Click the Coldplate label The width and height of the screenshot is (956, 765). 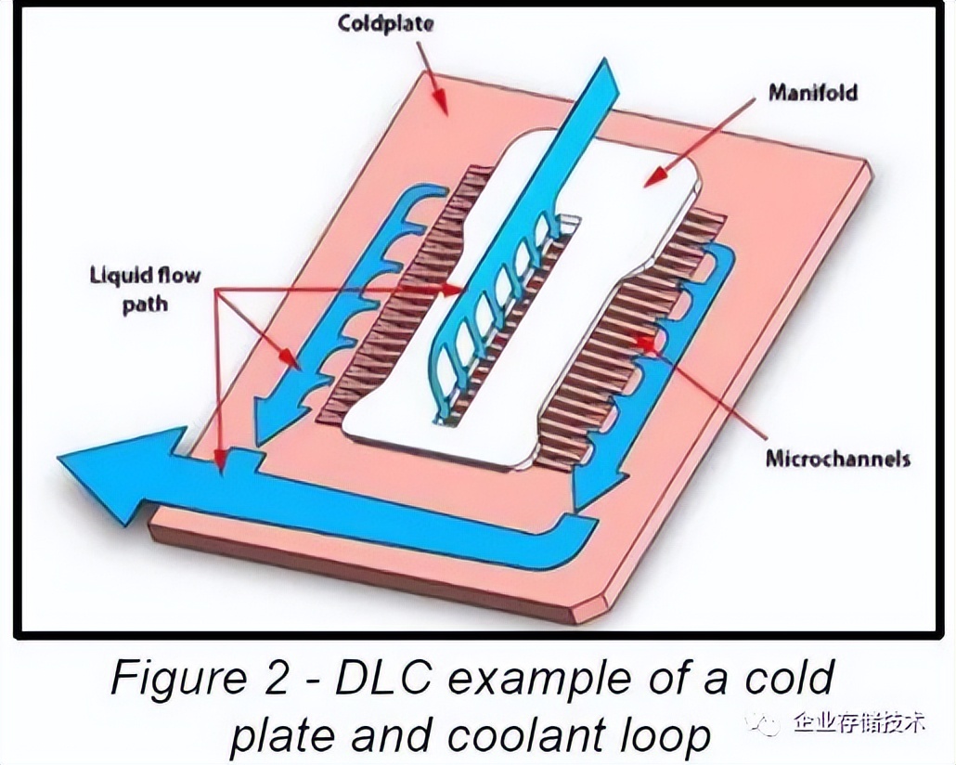385,24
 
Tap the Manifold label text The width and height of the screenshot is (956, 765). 813,93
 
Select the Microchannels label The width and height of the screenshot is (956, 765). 838,458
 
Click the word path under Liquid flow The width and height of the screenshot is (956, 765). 145,304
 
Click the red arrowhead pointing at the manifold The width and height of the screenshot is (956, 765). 654,176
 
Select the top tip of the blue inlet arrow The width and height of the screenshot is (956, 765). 603,59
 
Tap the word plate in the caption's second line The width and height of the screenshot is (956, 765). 283,735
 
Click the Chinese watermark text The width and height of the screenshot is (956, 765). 860,722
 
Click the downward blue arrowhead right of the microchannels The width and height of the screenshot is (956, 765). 600,488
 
